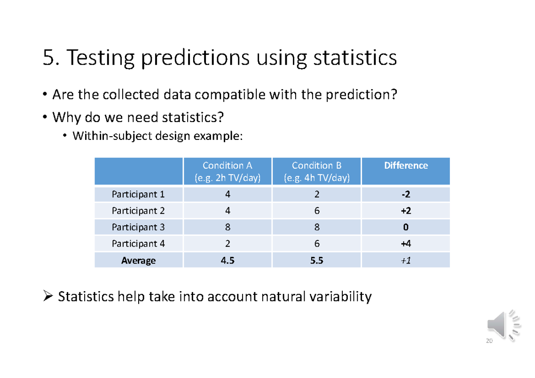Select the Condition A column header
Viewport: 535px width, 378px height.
pyautogui.click(x=227, y=171)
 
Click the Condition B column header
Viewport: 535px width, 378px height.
pyautogui.click(x=317, y=171)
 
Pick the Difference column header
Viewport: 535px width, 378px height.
pyautogui.click(x=406, y=166)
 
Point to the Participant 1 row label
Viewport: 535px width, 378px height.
pyautogui.click(x=138, y=195)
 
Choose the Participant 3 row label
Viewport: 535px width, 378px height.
pyautogui.click(x=138, y=228)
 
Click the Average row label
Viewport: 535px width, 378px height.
pyautogui.click(x=138, y=260)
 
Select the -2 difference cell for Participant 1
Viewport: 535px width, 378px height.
pyautogui.click(x=406, y=195)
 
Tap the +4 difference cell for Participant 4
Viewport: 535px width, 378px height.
pyautogui.click(x=406, y=244)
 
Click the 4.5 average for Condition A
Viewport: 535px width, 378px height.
pyautogui.click(x=227, y=260)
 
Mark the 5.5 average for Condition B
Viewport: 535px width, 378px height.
pyautogui.click(x=317, y=260)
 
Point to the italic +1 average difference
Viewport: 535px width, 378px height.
pyautogui.click(x=406, y=260)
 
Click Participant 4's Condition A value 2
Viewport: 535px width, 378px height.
pyautogui.click(x=227, y=244)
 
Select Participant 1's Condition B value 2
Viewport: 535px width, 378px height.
pyautogui.click(x=317, y=195)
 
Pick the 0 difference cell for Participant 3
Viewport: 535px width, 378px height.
pyautogui.click(x=406, y=228)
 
